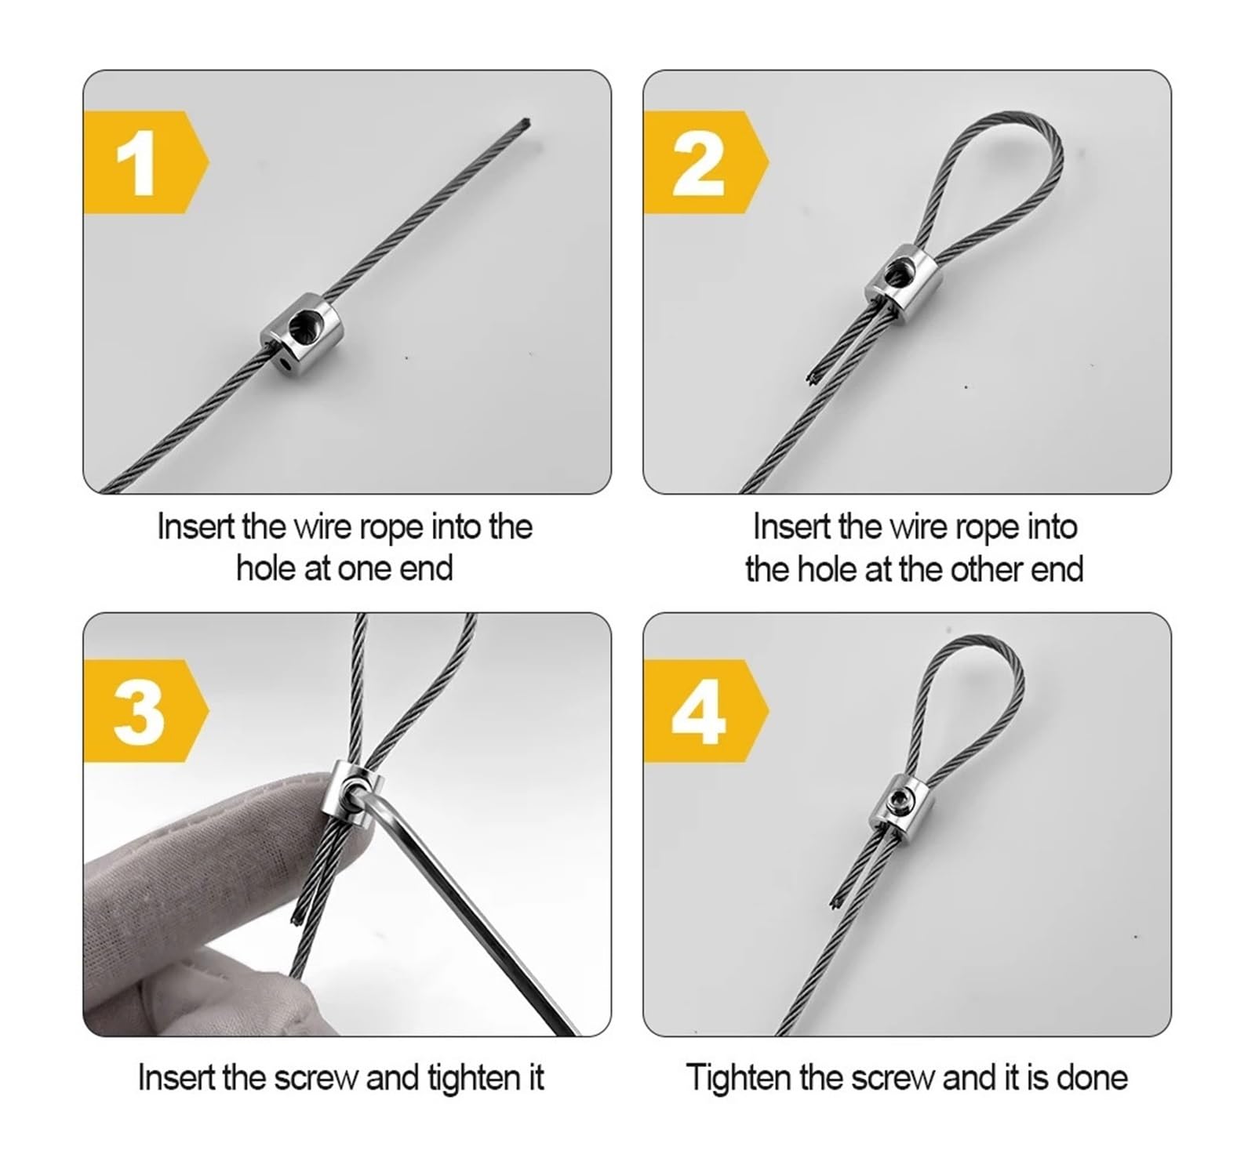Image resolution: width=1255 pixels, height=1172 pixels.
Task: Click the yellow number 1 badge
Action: pyautogui.click(x=145, y=162)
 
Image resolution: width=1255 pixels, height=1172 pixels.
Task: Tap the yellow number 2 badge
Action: pyautogui.click(x=705, y=162)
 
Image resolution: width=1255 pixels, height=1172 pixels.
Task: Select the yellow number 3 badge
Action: pyautogui.click(x=145, y=711)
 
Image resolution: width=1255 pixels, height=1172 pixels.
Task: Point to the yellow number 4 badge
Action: pyautogui.click(x=705, y=711)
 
